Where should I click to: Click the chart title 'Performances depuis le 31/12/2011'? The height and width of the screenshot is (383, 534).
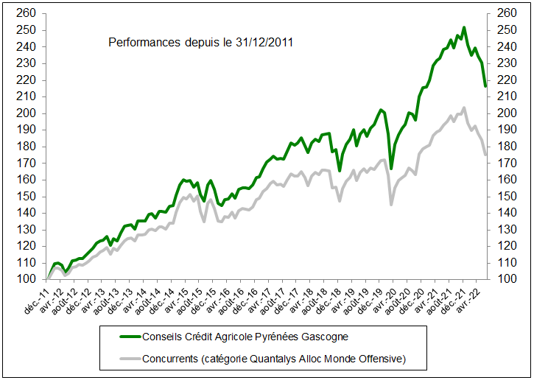pos(201,43)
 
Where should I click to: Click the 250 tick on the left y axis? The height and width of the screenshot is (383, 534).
pos(27,30)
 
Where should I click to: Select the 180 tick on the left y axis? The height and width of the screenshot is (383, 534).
pos(27,146)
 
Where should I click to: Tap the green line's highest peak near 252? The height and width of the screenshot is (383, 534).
pos(463,28)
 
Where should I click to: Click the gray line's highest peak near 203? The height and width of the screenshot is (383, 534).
pos(463,108)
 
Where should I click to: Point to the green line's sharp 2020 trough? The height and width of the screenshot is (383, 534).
pos(391,169)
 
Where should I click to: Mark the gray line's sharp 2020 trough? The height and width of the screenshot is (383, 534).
pos(391,204)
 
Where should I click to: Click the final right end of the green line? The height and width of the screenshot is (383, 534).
pos(485,87)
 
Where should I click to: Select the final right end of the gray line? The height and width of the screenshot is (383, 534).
pos(485,155)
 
